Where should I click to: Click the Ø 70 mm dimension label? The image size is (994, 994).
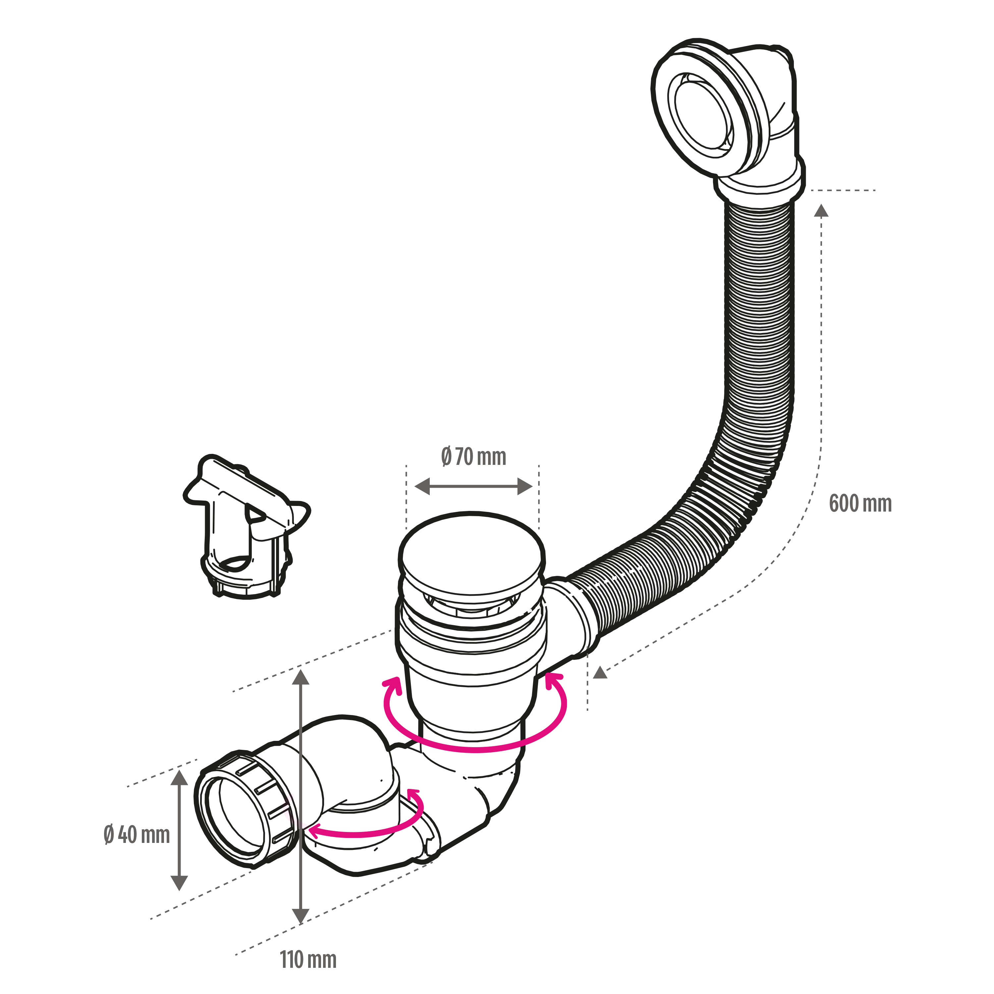tap(473, 457)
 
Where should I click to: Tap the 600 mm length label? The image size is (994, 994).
tap(860, 503)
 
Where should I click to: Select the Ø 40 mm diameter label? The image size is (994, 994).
tap(136, 835)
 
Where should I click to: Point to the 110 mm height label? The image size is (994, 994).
tap(308, 960)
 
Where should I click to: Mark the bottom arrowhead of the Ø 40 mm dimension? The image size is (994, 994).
tap(179, 883)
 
